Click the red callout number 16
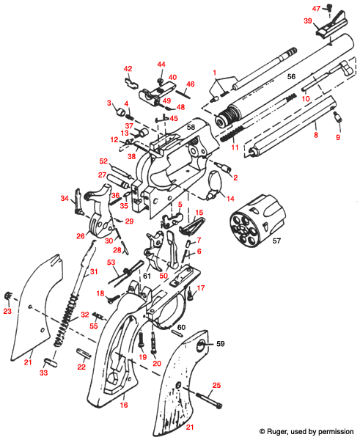point(122,404)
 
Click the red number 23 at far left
point(7,311)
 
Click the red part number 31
point(92,272)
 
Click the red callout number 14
point(229,198)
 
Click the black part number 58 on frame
point(190,128)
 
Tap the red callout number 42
point(127,68)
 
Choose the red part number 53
point(111,262)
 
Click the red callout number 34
point(65,198)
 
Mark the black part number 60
point(180,326)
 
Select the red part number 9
point(338,137)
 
